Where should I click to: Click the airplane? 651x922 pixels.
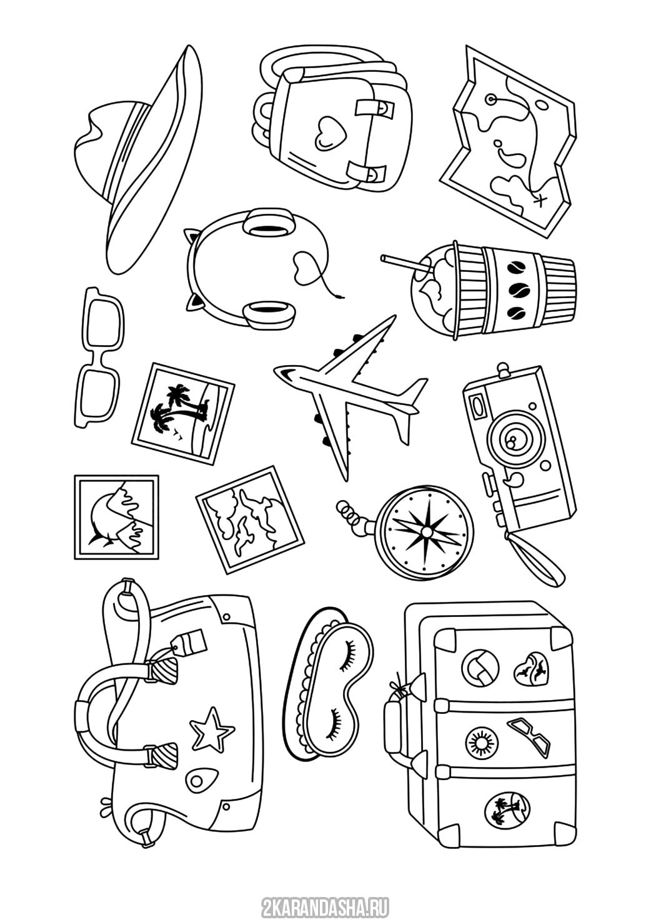tap(350, 396)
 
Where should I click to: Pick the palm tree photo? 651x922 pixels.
tap(184, 413)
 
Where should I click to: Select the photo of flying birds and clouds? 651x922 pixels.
tap(250, 520)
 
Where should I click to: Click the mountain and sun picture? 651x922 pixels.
tap(116, 518)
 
